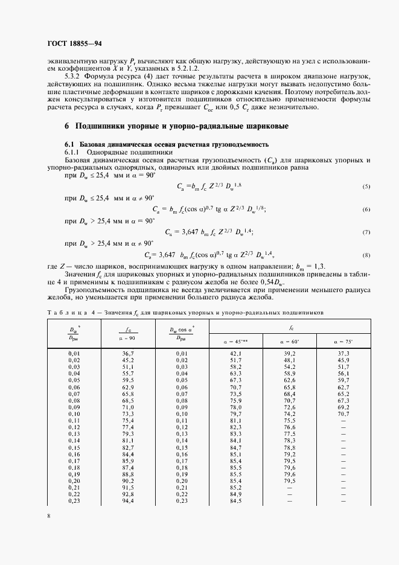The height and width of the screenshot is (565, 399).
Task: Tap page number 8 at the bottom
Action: pos(49,516)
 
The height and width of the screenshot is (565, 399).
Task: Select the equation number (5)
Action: pos(366,187)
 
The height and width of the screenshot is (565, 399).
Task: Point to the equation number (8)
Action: pos(366,256)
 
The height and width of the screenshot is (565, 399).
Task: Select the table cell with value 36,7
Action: pos(127,353)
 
